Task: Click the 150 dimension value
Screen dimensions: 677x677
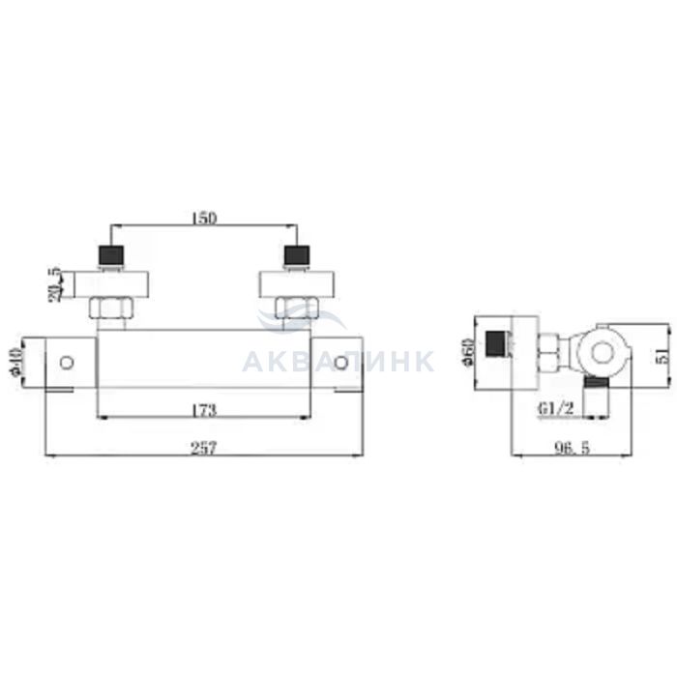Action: pos(204,219)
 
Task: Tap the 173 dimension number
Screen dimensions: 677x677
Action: pos(203,410)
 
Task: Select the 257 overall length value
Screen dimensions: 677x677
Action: pos(203,449)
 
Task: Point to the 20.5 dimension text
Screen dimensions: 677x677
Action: pos(56,284)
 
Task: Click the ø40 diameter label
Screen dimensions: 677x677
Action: pos(16,363)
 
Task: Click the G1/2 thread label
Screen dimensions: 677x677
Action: pos(556,408)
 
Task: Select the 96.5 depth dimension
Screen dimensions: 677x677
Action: pos(573,449)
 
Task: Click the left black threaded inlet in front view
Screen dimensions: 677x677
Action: pos(111,255)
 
